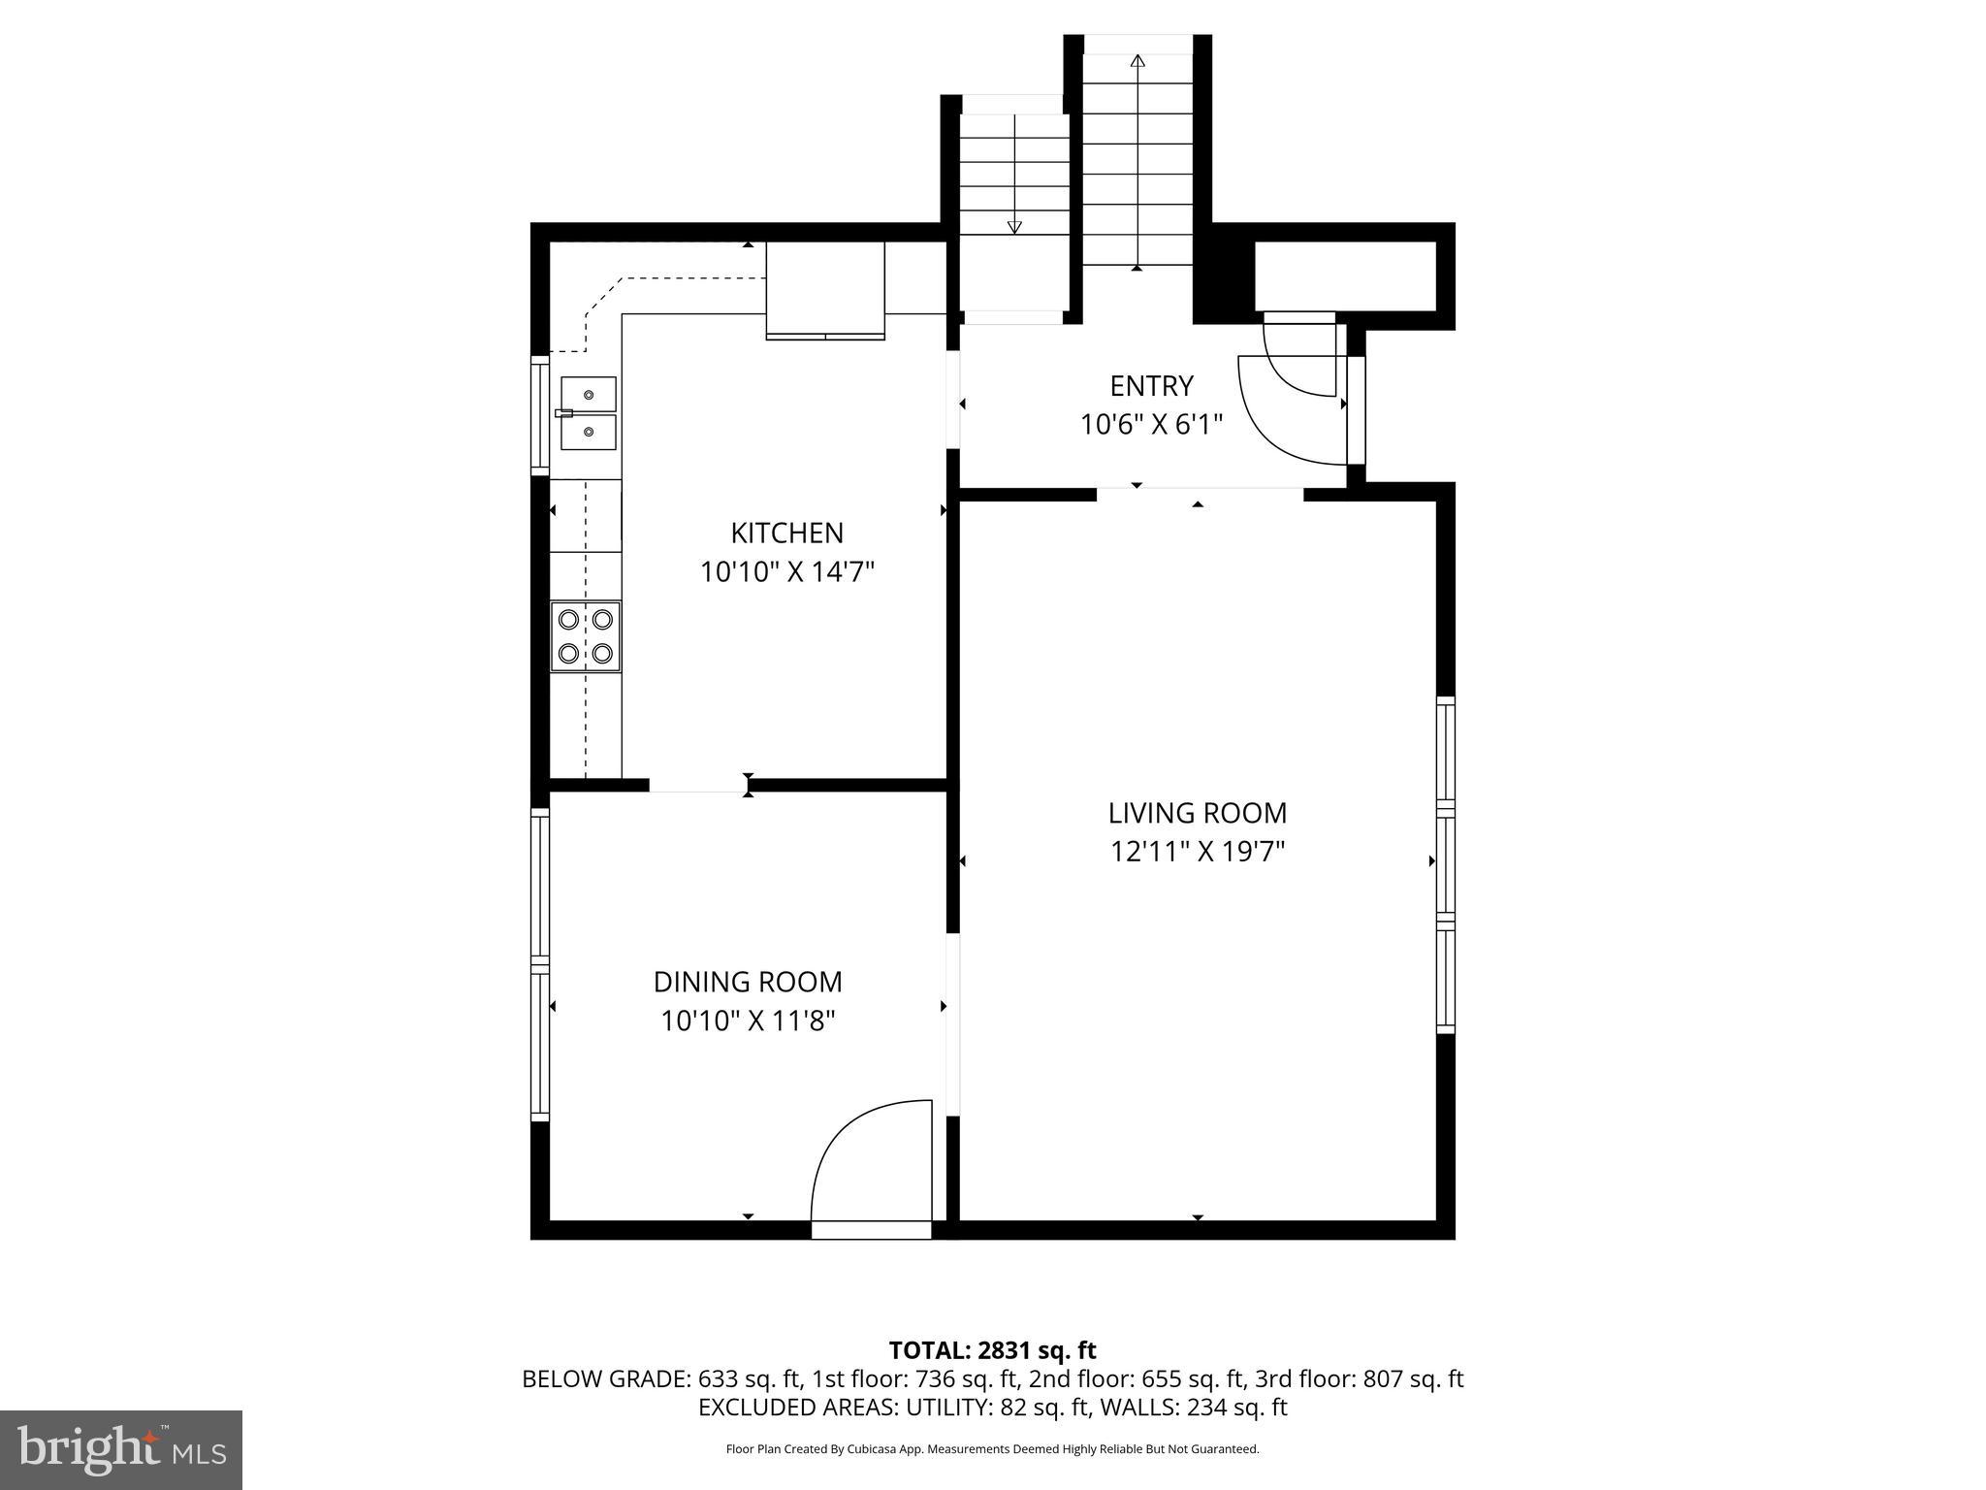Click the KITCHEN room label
pos(786,533)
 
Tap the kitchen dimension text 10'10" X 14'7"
pos(786,572)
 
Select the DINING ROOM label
pos(748,982)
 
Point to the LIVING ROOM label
pos(1198,813)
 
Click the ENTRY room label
pos(1151,386)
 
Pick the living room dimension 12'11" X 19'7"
pos(1198,852)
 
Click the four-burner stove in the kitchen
pos(586,636)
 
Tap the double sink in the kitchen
pos(588,413)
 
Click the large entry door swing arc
pos(1285,417)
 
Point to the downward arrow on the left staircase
pos(1014,227)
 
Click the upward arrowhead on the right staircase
pos(1137,61)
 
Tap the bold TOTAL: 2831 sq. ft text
pos(992,1350)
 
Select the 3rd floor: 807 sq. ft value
pos(1359,1378)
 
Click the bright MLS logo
pos(120,1449)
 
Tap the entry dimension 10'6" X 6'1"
pos(1151,425)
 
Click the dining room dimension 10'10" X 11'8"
pos(748,1020)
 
